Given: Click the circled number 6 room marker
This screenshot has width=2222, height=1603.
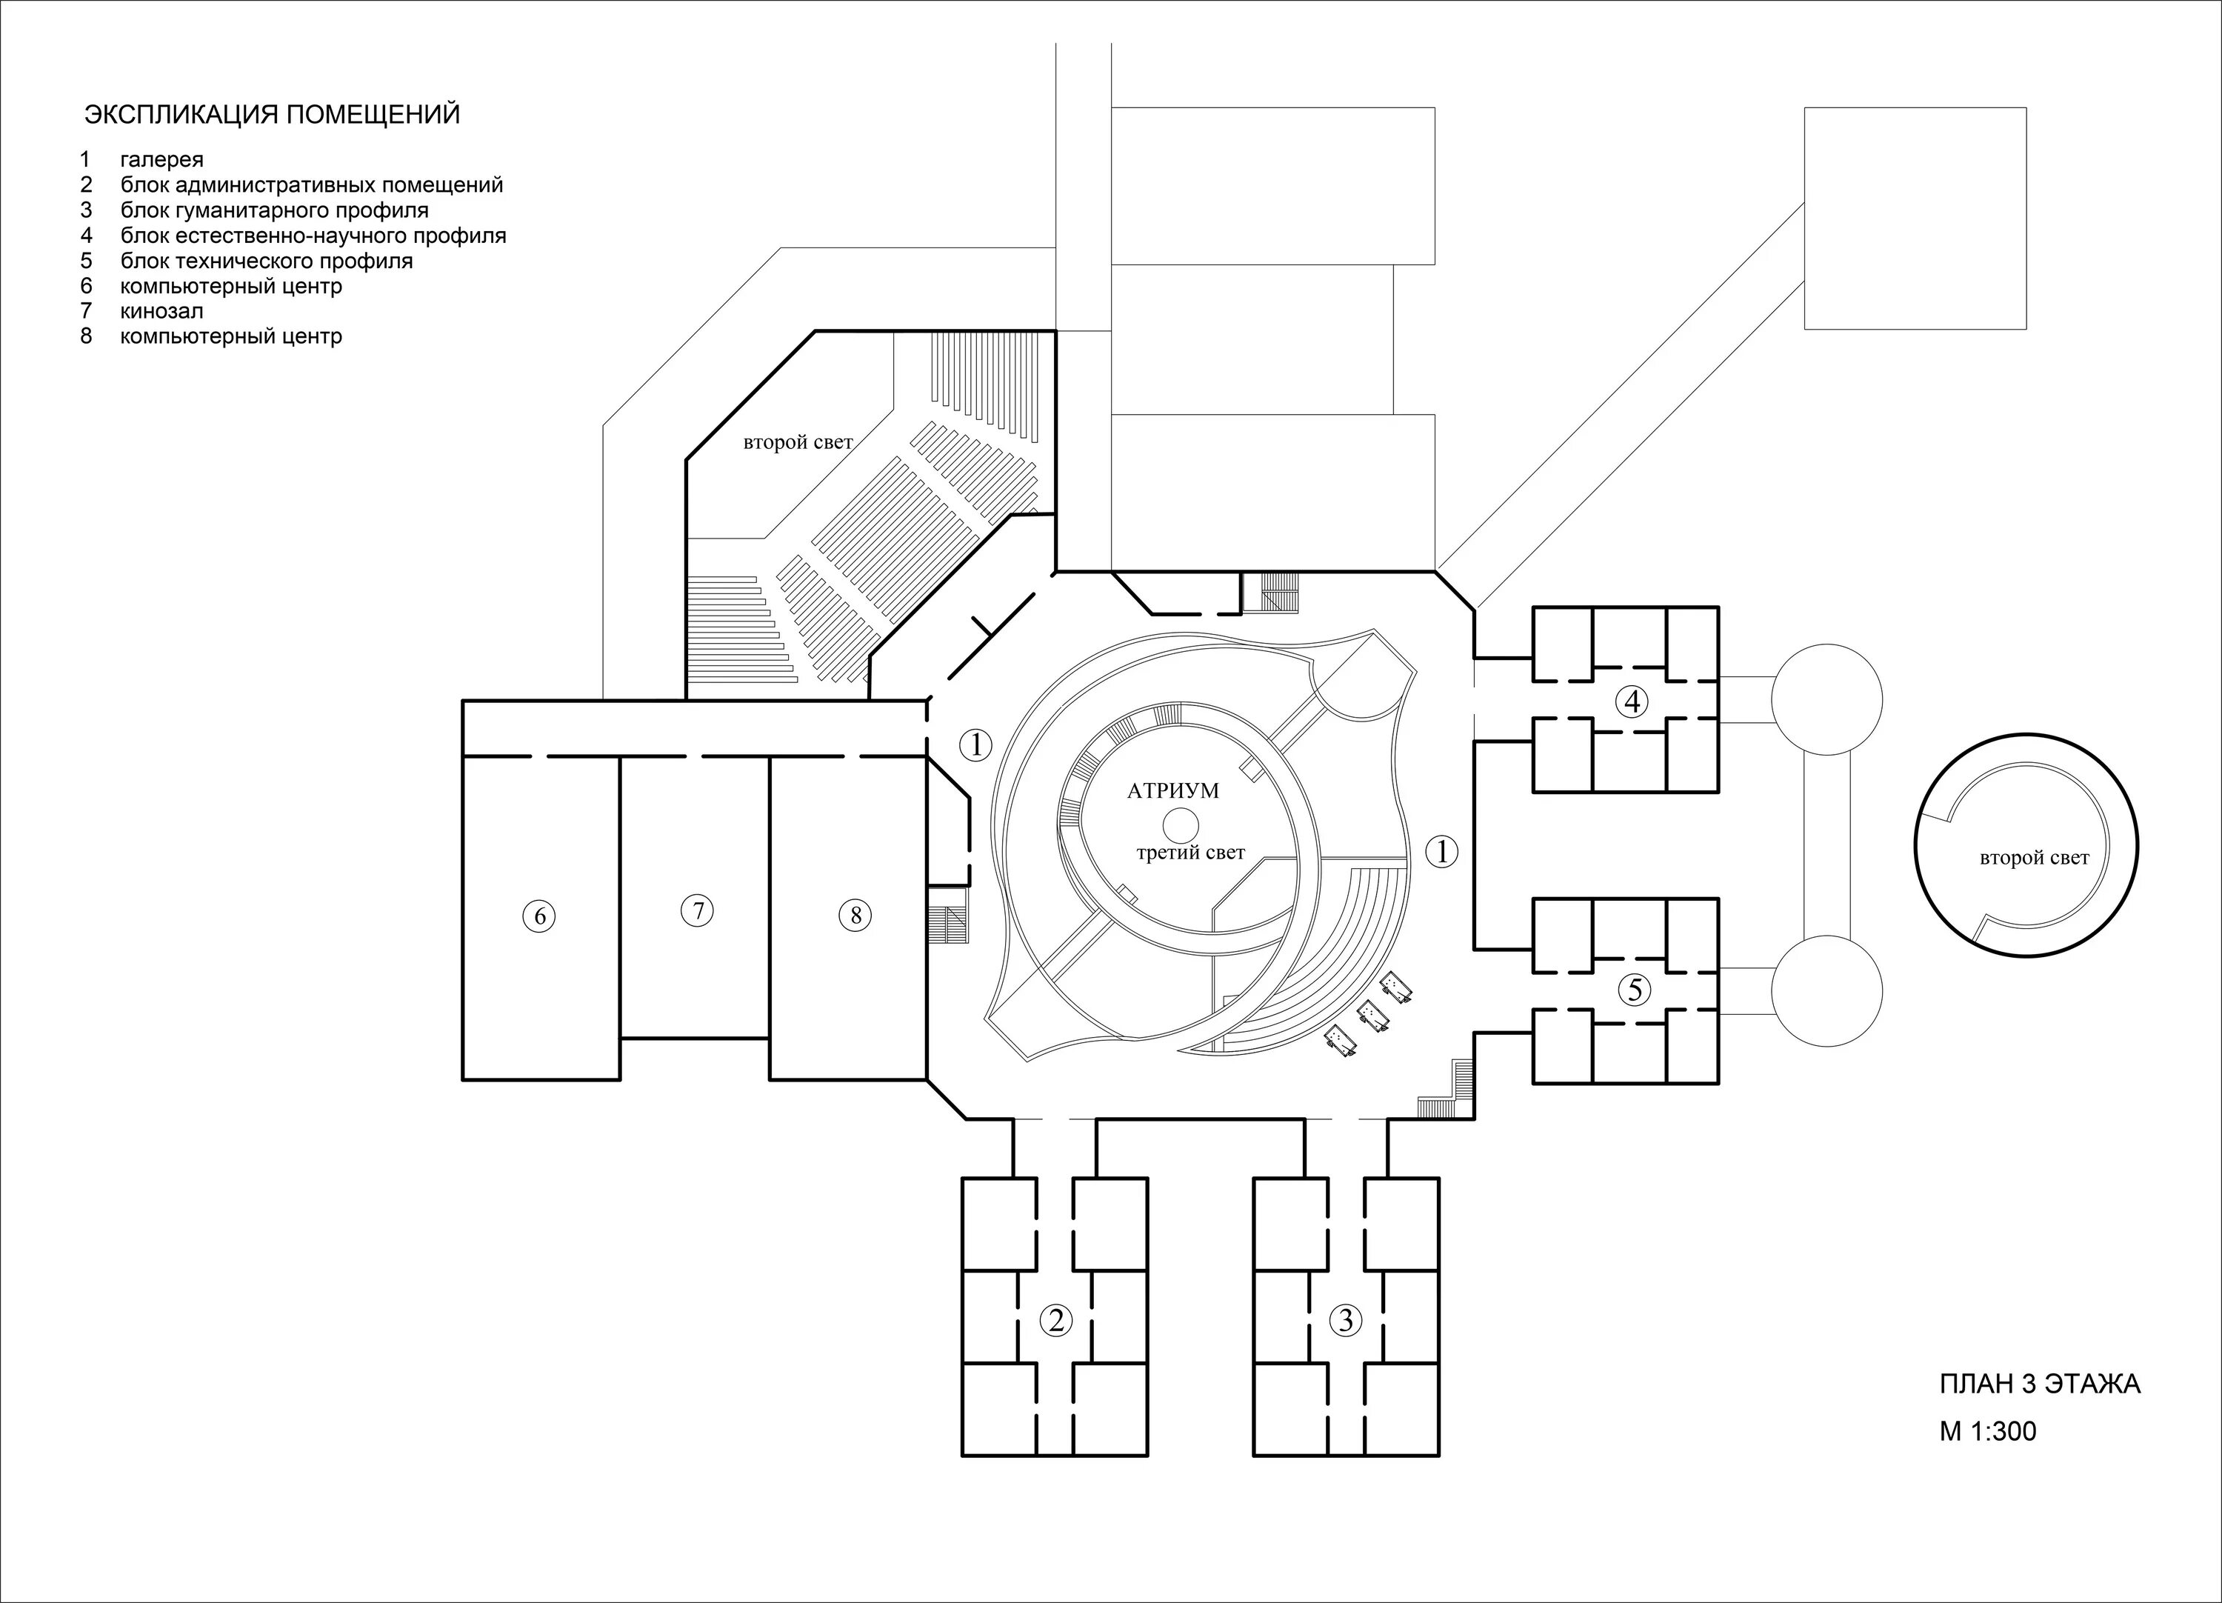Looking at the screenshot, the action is (x=539, y=916).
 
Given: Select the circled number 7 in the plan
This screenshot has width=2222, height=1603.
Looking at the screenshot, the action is (x=698, y=911).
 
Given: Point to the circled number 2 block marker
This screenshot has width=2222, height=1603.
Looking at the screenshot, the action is (x=1055, y=1321).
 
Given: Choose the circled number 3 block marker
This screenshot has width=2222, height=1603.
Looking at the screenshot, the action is (x=1346, y=1320).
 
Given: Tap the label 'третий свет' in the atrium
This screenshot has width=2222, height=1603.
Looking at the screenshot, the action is (x=1190, y=853).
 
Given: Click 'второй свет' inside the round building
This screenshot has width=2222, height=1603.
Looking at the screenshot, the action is (x=2035, y=859).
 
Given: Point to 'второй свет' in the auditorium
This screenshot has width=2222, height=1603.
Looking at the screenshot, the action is (x=798, y=442).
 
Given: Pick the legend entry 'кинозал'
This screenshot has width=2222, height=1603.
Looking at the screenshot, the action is (x=161, y=312).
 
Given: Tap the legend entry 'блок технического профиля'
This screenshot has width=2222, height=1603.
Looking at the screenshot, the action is (x=267, y=261).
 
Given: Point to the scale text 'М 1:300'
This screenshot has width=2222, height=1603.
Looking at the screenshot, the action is (x=1988, y=1432).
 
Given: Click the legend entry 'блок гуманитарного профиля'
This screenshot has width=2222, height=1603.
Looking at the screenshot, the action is (x=274, y=210).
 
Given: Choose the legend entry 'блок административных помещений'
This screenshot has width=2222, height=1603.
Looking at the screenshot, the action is (x=312, y=185).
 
